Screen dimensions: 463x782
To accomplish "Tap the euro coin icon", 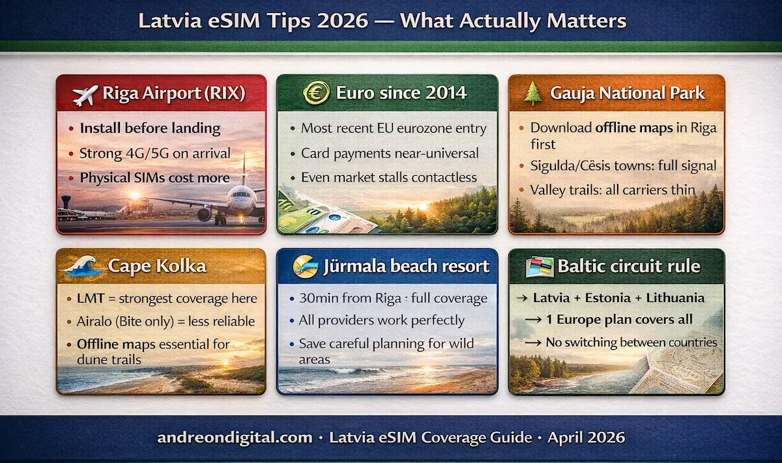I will pos(315,92).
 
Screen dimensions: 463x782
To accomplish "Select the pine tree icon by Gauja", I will pos(534,93).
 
